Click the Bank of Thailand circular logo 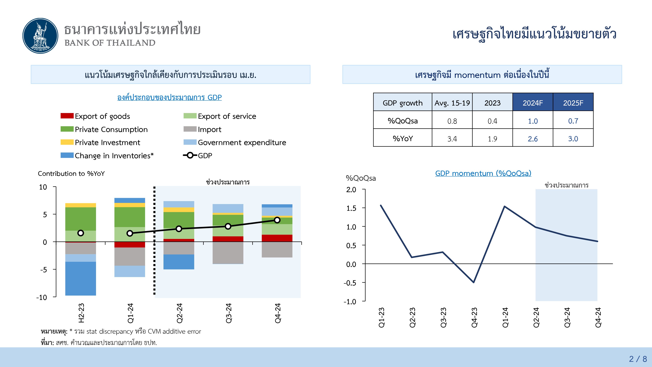40,36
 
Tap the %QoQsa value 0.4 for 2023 492,121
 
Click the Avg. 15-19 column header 452,103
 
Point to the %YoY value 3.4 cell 452,138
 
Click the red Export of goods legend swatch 67,116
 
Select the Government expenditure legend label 242,143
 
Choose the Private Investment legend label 107,143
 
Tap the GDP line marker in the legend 190,155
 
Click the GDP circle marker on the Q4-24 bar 277,220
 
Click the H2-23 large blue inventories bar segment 81,278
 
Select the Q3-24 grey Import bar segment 228,253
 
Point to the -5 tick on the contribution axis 44,269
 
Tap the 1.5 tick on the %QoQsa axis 351,208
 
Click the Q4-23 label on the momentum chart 474,317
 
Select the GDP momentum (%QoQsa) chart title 483,173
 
